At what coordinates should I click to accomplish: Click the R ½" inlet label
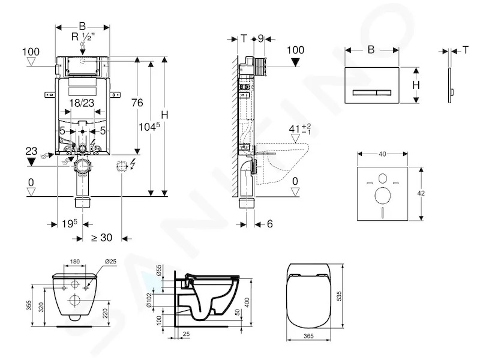click(x=83, y=37)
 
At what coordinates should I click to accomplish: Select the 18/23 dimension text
click(x=82, y=103)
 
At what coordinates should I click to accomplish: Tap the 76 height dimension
click(x=137, y=103)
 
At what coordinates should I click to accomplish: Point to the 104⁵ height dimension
click(x=149, y=126)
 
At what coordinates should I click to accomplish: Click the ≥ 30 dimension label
click(x=101, y=238)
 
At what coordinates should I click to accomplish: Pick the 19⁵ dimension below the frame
click(x=70, y=224)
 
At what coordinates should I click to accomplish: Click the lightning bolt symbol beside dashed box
click(x=133, y=164)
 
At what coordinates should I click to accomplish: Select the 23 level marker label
click(x=31, y=151)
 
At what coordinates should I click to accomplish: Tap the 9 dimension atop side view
click(x=260, y=39)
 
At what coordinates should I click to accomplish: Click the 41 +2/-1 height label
click(x=300, y=128)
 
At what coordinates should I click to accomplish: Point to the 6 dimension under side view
click(x=269, y=224)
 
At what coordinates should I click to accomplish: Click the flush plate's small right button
click(x=383, y=92)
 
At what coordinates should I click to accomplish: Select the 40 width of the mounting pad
click(x=382, y=154)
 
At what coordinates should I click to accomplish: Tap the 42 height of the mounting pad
click(x=421, y=193)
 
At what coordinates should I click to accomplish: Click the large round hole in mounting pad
click(x=382, y=196)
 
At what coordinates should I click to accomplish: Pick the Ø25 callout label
click(x=110, y=262)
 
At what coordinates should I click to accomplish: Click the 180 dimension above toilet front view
click(x=74, y=262)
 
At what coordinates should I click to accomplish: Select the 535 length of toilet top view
click(x=339, y=296)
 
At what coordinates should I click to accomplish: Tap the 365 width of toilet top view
click(x=308, y=336)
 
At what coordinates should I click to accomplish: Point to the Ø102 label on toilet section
click(x=149, y=301)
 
